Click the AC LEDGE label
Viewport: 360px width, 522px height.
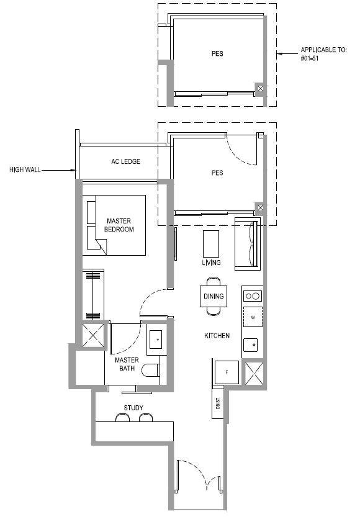125,161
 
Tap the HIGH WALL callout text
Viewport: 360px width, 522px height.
25,170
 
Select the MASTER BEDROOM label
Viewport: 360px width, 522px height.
119,225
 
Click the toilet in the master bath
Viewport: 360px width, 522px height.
151,370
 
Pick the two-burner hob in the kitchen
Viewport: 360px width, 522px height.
252,295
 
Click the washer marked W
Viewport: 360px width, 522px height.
253,317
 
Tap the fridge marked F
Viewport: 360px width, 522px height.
227,372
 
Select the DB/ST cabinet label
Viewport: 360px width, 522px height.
218,403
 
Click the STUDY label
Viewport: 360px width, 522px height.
133,408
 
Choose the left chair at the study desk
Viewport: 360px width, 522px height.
122,418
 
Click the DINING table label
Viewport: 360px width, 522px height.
214,296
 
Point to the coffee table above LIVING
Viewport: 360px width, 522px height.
211,243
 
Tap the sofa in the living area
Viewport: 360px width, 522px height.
247,243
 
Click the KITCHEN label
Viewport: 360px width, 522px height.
217,336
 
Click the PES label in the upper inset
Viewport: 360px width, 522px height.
217,53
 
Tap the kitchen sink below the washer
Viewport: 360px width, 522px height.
250,345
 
